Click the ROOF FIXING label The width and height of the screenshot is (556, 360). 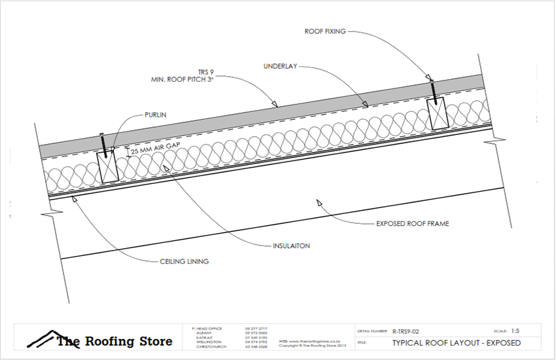325,31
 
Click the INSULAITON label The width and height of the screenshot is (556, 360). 291,247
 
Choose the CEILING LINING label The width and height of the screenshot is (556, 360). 184,261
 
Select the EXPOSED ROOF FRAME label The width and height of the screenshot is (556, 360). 412,223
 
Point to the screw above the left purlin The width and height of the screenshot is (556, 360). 102,141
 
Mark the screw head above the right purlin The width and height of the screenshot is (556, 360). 430,80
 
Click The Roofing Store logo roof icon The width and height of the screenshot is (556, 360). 41,338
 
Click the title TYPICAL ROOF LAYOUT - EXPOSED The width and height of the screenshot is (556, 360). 456,342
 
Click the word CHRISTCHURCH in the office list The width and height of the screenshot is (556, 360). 211,346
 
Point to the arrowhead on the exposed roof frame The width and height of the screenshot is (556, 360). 319,203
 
